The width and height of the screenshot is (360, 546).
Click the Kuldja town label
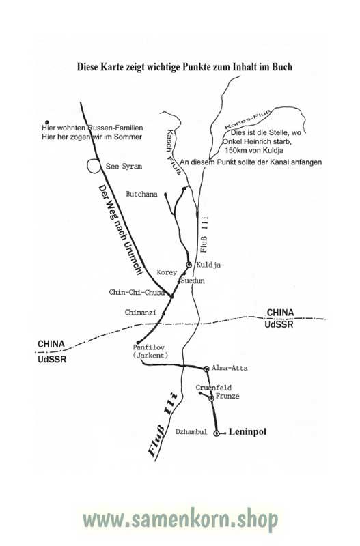click(208, 265)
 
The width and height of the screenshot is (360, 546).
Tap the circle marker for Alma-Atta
click(206, 368)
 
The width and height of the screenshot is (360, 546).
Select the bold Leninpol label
click(247, 432)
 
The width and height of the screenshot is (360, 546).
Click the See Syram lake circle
click(94, 166)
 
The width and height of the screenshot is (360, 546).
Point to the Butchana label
click(141, 194)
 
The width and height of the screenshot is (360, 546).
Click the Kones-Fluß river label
click(248, 119)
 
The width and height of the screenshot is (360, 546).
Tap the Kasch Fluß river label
click(174, 152)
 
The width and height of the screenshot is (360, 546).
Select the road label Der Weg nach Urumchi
click(120, 230)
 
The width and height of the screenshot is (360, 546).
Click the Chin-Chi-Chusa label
click(137, 293)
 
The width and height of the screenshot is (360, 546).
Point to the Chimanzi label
click(141, 313)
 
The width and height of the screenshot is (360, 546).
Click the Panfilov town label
click(148, 347)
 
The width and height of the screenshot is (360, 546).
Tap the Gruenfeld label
click(214, 388)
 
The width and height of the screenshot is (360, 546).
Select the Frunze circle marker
click(211, 399)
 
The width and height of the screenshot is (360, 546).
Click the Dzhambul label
click(191, 432)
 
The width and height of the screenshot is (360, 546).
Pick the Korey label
click(167, 272)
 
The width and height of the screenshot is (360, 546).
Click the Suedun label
click(193, 281)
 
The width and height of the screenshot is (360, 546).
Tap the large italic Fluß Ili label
click(163, 424)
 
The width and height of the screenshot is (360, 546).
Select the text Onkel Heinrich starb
click(257, 142)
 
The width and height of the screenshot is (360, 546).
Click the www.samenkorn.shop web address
click(180, 520)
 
